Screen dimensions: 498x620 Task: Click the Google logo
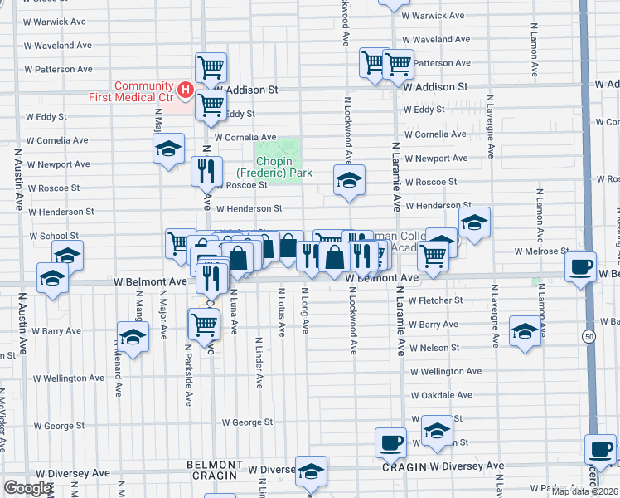(x=27, y=489)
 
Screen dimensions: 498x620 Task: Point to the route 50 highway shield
(x=589, y=336)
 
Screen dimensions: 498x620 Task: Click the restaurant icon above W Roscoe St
(x=204, y=170)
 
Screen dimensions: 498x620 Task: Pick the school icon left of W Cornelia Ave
(x=168, y=149)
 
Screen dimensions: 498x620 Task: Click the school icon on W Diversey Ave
(x=311, y=471)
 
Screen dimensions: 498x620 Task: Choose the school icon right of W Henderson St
(x=474, y=222)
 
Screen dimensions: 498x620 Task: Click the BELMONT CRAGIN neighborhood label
(x=215, y=471)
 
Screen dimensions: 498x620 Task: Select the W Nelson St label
(x=434, y=348)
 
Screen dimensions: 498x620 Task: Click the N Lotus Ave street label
(x=282, y=312)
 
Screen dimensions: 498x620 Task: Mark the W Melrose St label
(x=541, y=251)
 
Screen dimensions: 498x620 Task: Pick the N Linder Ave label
(x=259, y=363)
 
